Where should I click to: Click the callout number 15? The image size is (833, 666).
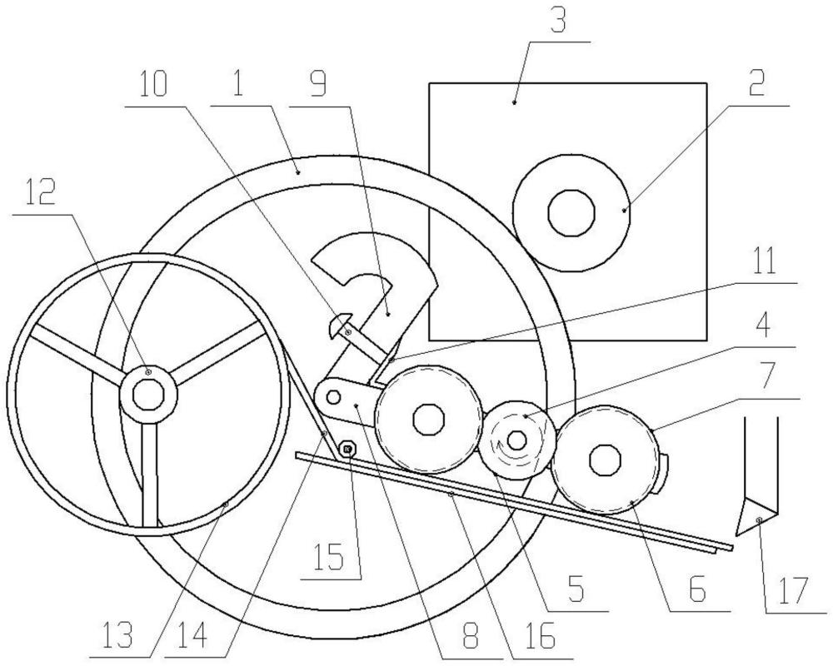[330, 558]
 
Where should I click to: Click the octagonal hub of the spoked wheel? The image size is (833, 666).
[147, 395]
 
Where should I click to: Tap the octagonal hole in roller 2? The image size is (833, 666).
[571, 213]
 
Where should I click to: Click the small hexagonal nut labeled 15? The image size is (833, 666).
[347, 450]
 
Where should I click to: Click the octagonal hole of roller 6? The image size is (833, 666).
[605, 458]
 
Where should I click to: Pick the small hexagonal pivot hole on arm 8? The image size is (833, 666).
[334, 397]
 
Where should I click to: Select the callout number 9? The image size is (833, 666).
[317, 85]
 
